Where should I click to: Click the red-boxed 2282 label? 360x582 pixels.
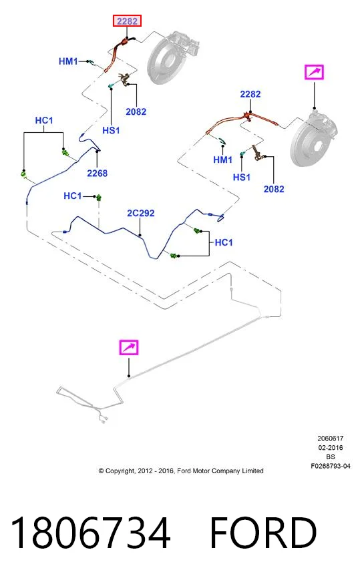pyautogui.click(x=127, y=21)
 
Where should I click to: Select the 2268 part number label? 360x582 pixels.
pyautogui.click(x=97, y=174)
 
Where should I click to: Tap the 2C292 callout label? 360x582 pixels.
pyautogui.click(x=140, y=213)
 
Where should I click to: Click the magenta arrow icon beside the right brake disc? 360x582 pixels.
pyautogui.click(x=314, y=72)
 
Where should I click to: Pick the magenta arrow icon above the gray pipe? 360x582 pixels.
pyautogui.click(x=128, y=348)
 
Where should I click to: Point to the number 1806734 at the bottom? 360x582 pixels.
pyautogui.click(x=91, y=533)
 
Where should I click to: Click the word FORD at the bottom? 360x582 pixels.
pyautogui.click(x=263, y=533)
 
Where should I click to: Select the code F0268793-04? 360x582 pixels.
pyautogui.click(x=331, y=466)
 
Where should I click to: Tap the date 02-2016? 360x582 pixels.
pyautogui.click(x=331, y=448)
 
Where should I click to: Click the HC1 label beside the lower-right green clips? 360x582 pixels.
pyautogui.click(x=224, y=242)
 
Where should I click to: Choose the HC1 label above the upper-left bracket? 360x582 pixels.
pyautogui.click(x=44, y=121)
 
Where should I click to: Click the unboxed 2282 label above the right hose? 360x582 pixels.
pyautogui.click(x=250, y=94)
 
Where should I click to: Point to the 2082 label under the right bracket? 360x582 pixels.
pyautogui.click(x=274, y=190)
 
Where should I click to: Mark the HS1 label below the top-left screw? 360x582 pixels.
pyautogui.click(x=111, y=131)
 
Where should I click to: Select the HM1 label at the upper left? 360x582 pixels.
pyautogui.click(x=68, y=61)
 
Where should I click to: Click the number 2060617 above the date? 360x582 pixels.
pyautogui.click(x=331, y=439)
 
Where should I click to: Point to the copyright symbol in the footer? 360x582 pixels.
pyautogui.click(x=101, y=471)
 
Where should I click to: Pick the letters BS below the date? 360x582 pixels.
pyautogui.click(x=331, y=457)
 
